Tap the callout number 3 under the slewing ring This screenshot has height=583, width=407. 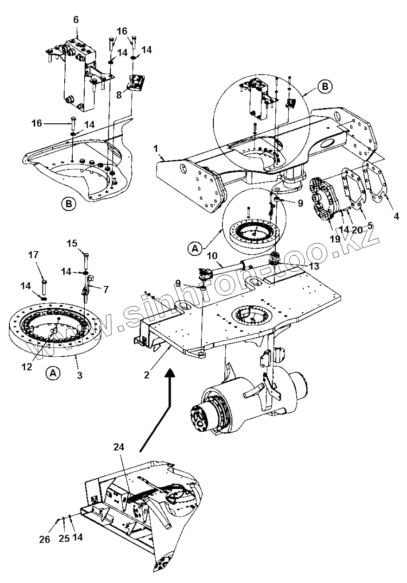79,375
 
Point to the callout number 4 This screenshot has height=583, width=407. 396,216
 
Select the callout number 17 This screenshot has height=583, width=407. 33,255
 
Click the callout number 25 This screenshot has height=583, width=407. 64,537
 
